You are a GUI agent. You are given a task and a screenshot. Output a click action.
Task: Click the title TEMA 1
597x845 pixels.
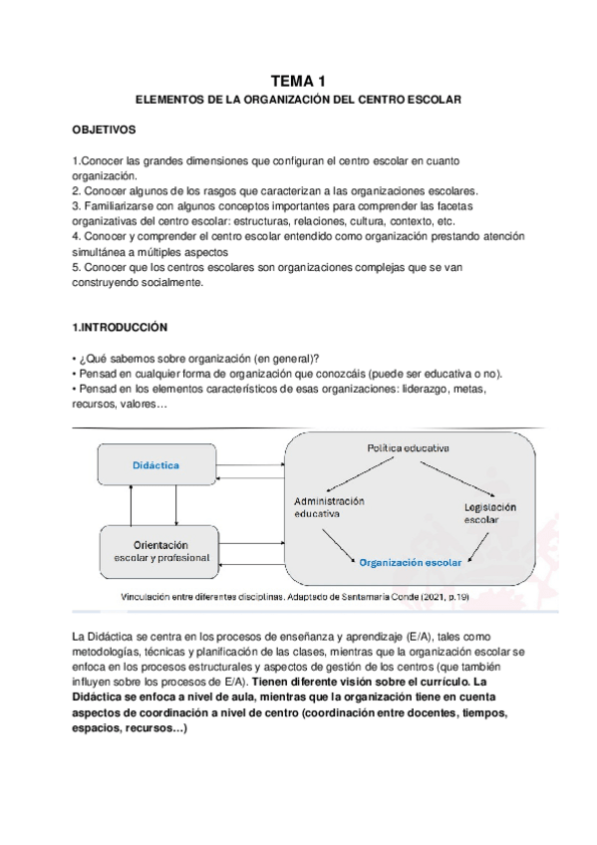(298, 81)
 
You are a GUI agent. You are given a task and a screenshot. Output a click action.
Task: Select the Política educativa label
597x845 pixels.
(408, 448)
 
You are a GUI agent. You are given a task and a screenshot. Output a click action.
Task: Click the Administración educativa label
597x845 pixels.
(329, 507)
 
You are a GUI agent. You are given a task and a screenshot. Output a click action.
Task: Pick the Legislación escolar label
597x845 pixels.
(487, 513)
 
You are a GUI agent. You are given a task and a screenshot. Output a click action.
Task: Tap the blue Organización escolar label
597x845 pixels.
(411, 562)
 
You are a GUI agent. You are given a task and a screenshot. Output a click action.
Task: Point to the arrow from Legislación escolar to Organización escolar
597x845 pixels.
(479, 542)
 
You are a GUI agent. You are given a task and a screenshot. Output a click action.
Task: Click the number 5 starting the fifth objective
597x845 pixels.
(76, 267)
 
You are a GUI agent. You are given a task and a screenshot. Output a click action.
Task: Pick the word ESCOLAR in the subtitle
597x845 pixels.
(430, 102)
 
